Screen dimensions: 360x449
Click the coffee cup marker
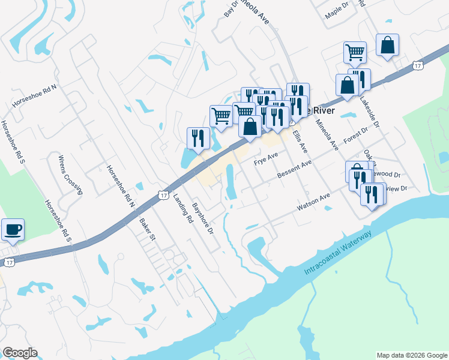coord(13,229)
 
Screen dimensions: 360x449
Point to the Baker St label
coord(147,229)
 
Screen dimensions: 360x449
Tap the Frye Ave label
coord(266,159)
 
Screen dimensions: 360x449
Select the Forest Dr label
coord(355,137)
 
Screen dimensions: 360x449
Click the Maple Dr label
coord(336,11)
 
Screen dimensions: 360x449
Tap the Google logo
coord(20,353)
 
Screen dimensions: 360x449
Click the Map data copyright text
coord(411,355)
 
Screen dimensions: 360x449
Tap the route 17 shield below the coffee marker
coord(8,262)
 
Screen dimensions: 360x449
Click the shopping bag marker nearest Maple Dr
coord(388,46)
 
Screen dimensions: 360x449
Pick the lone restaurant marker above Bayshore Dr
coord(197,139)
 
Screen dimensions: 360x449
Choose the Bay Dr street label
coord(231,8)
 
